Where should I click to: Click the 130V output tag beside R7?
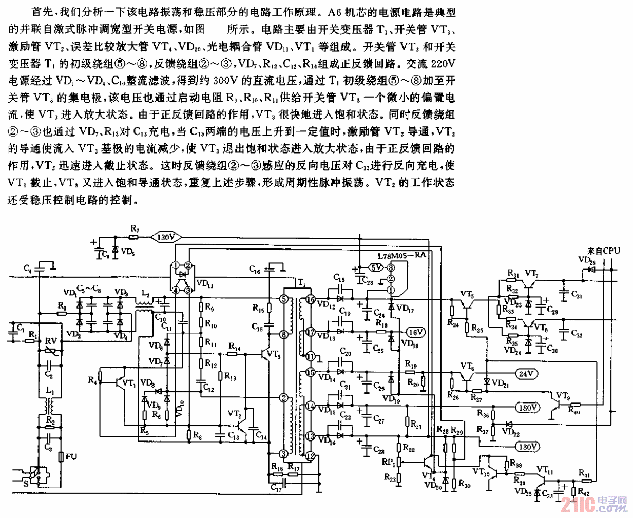pos(166,237)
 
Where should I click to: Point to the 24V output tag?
pos(525,374)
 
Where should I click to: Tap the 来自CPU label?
pos(604,251)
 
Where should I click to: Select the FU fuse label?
pos(71,456)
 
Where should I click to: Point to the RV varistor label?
pos(51,341)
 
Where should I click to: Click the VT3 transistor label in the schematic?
pos(274,354)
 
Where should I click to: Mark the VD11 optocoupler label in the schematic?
pos(204,283)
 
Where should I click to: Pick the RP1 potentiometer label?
pos(389,462)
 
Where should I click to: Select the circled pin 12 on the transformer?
pos(310,455)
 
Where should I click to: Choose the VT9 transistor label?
pos(563,396)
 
